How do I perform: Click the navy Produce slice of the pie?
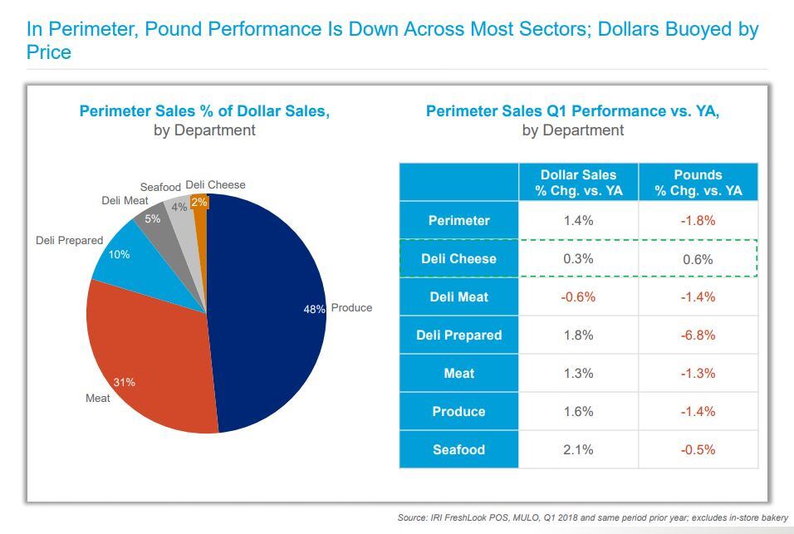(x=266, y=332)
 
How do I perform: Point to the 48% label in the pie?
(x=314, y=308)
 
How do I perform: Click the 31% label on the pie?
(x=125, y=383)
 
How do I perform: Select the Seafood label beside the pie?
(x=160, y=187)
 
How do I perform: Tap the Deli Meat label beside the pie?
(x=125, y=200)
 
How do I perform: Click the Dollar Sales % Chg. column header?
(x=579, y=183)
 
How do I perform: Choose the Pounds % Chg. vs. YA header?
(x=698, y=183)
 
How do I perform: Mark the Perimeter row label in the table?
(x=458, y=221)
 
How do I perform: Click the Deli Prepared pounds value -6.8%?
(x=698, y=336)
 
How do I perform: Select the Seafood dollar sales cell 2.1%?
(x=578, y=450)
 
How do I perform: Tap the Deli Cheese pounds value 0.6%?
(x=698, y=259)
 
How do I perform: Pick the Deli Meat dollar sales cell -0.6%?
(x=578, y=297)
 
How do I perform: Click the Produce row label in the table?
(x=458, y=412)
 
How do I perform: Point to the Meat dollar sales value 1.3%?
(x=578, y=374)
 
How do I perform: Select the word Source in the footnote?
(x=412, y=517)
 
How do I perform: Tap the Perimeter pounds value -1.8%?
(x=698, y=221)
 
